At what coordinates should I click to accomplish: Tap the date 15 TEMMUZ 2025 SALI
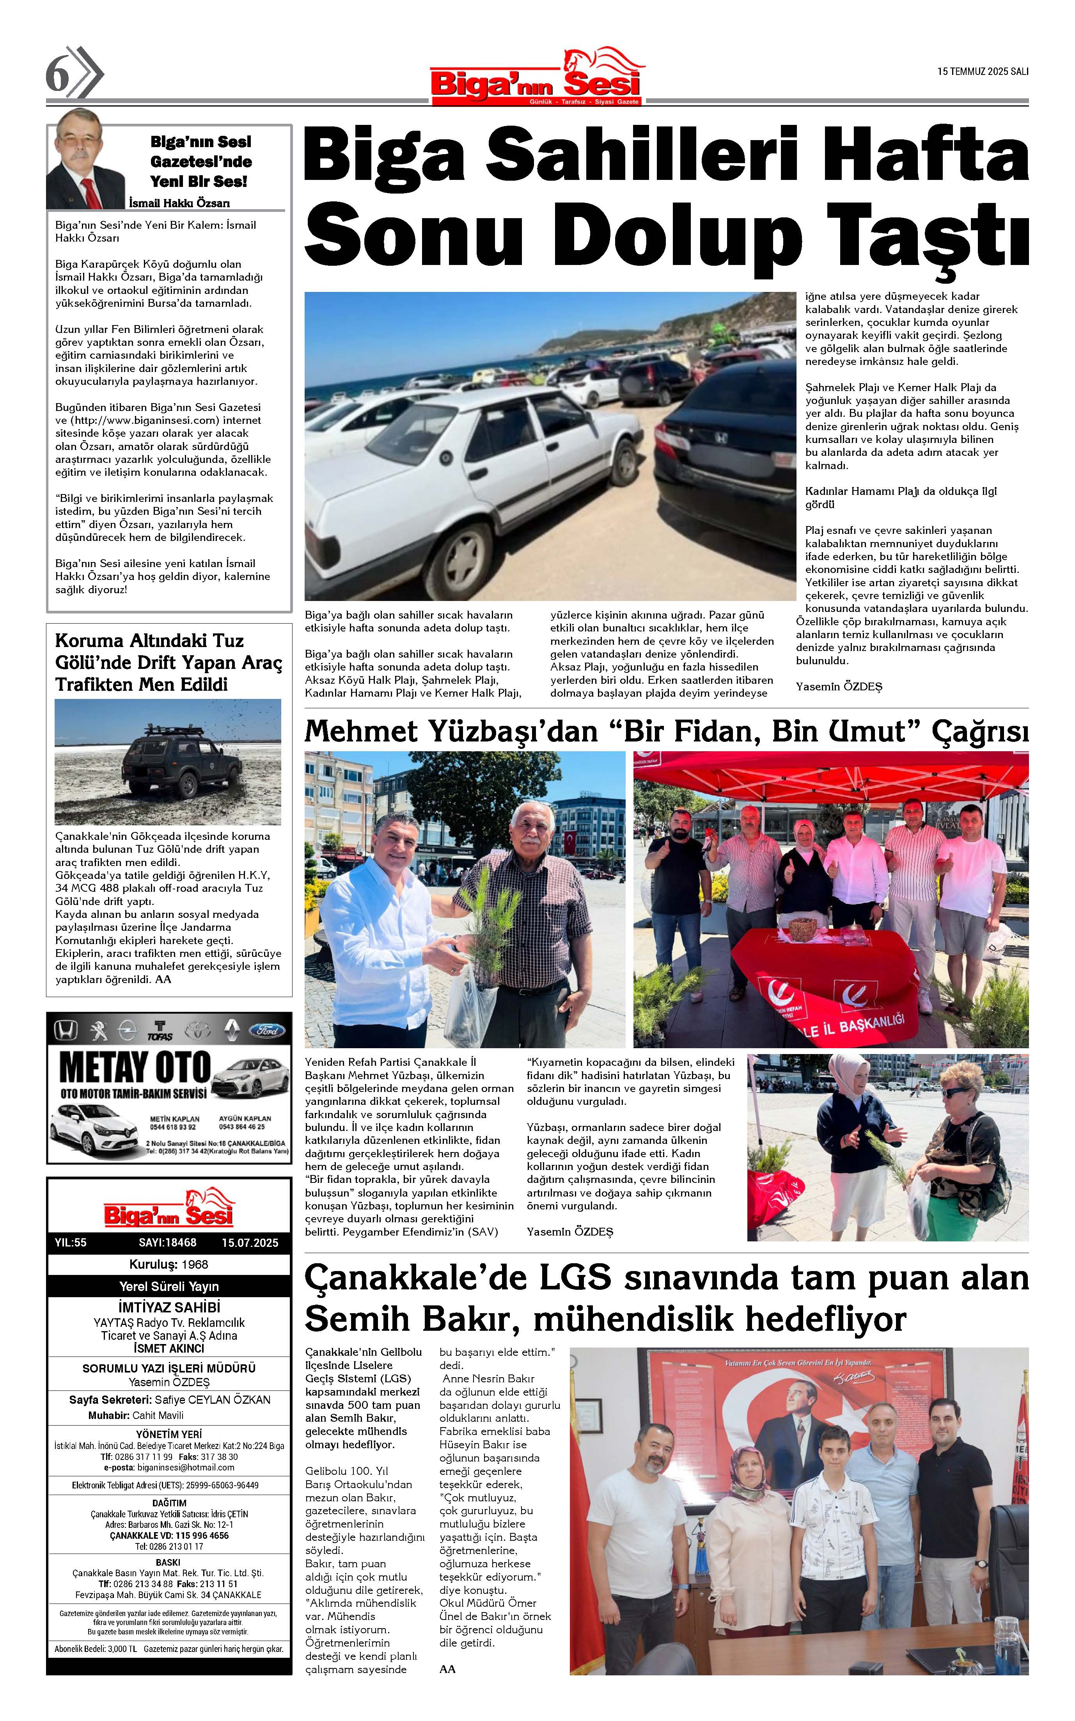(983, 71)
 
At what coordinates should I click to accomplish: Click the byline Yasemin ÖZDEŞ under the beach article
(839, 687)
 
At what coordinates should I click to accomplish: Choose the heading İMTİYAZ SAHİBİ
(169, 1307)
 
